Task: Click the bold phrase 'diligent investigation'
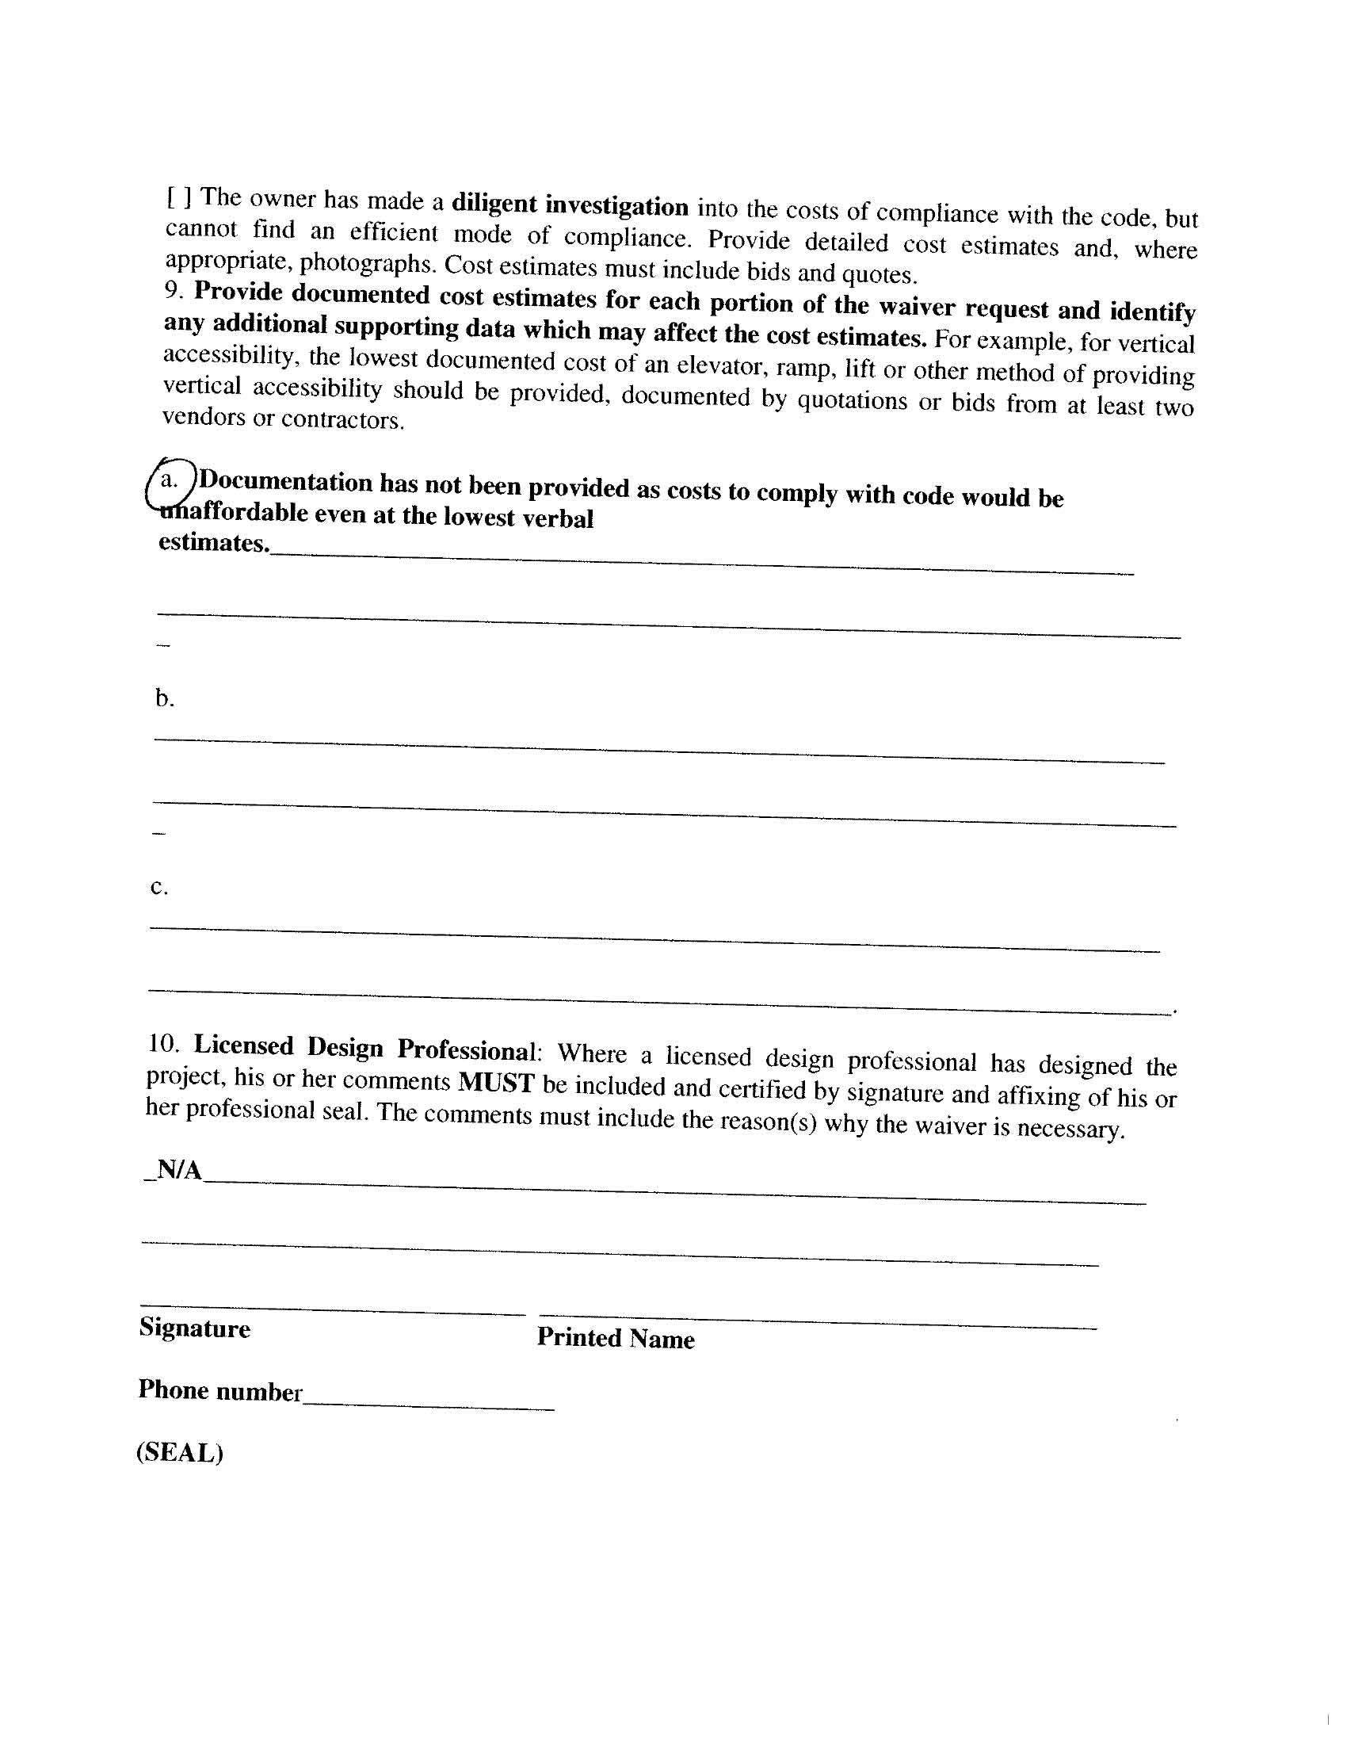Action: click(x=570, y=205)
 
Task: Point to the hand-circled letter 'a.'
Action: click(x=170, y=480)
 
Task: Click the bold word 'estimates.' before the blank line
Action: click(x=213, y=543)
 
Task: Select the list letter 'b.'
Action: click(x=164, y=698)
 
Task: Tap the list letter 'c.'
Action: click(x=159, y=887)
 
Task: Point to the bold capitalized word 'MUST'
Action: click(x=495, y=1083)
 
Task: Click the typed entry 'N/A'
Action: click(x=179, y=1170)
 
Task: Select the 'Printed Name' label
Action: click(x=615, y=1338)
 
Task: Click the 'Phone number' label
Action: click(x=220, y=1390)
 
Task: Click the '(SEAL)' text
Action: click(x=180, y=1451)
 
